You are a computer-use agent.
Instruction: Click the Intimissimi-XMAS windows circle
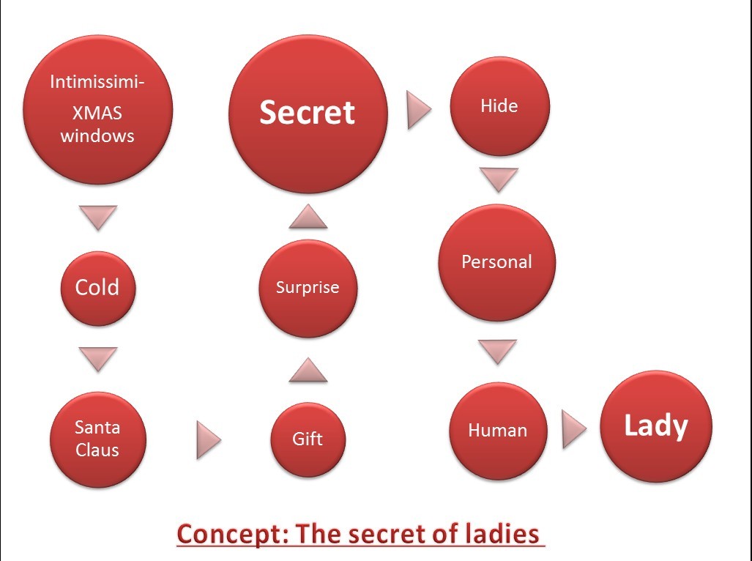(97, 110)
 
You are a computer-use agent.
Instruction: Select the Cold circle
(97, 287)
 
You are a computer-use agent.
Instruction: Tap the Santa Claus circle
(97, 439)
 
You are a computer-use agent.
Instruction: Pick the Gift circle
(308, 439)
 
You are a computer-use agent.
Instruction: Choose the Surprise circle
(308, 288)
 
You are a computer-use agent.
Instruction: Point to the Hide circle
(499, 106)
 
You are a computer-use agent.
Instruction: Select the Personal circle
(497, 262)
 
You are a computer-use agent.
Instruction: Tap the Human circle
(498, 431)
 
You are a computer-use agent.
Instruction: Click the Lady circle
(655, 427)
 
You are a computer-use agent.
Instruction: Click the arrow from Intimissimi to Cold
(97, 218)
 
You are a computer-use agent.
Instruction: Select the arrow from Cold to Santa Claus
(97, 359)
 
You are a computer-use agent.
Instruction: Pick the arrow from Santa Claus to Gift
(208, 439)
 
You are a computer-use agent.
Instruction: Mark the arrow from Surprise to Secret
(308, 217)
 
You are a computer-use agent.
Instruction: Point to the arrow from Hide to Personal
(499, 179)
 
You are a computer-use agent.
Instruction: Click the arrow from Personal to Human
(498, 351)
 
